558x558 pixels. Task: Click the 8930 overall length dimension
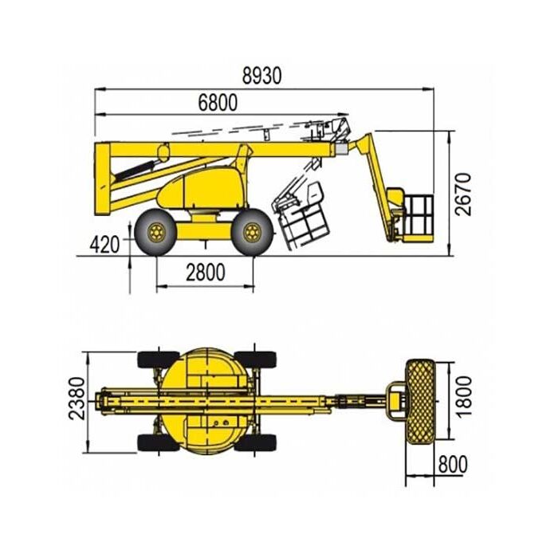tap(262, 76)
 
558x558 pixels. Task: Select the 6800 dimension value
tap(218, 103)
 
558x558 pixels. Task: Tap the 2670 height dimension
tap(463, 195)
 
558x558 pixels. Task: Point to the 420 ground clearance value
tap(104, 245)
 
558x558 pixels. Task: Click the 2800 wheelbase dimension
tap(206, 273)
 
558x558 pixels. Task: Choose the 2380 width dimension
tap(77, 399)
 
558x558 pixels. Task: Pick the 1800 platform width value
tap(464, 396)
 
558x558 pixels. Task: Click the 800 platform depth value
tap(453, 464)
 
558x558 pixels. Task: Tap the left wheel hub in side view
tap(156, 233)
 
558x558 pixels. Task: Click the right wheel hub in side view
tap(253, 233)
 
